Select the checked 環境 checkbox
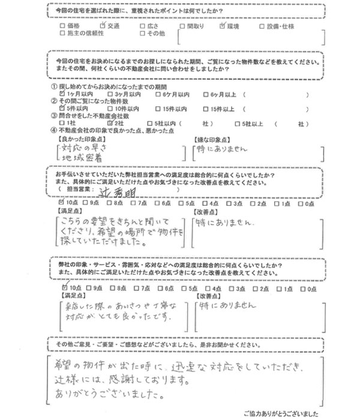223,26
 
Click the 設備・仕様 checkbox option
262,26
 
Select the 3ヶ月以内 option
108,94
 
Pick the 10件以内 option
108,107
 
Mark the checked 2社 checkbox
108,121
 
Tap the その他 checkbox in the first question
141,34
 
